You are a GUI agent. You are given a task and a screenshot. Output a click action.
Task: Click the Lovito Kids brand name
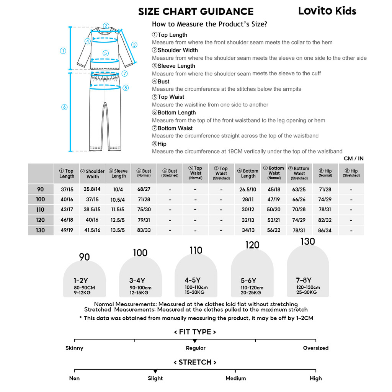(x=327, y=11)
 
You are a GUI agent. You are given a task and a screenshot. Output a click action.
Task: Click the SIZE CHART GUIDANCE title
(x=196, y=12)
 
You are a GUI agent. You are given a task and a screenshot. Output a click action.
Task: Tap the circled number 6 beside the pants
(x=64, y=107)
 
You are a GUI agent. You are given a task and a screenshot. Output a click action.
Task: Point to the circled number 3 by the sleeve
(x=134, y=45)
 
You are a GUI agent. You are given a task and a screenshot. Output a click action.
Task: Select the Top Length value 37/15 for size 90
(x=67, y=189)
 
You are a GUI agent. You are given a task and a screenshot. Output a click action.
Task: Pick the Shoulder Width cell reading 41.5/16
(x=92, y=230)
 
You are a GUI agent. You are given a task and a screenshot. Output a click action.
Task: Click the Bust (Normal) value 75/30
(x=144, y=209)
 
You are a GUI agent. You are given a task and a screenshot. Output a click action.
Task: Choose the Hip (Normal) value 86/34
(x=325, y=230)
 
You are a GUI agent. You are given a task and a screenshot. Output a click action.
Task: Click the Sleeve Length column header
(x=118, y=173)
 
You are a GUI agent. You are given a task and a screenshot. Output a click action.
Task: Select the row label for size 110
(x=40, y=209)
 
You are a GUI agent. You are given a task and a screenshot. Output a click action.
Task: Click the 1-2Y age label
(x=81, y=281)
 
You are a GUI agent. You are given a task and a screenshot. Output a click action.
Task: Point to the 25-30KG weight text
(x=307, y=292)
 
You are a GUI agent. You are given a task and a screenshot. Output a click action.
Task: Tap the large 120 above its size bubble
(x=252, y=245)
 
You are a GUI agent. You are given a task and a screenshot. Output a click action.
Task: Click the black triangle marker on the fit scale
(x=195, y=341)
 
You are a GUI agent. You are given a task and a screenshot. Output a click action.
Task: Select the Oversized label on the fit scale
(x=315, y=348)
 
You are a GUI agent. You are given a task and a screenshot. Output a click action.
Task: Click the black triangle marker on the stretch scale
(x=155, y=371)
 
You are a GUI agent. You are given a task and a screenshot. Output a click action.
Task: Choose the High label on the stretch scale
(x=315, y=378)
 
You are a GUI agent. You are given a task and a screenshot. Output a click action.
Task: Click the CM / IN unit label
(x=353, y=158)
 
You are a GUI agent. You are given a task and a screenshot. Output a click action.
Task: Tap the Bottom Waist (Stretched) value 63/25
(x=299, y=189)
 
